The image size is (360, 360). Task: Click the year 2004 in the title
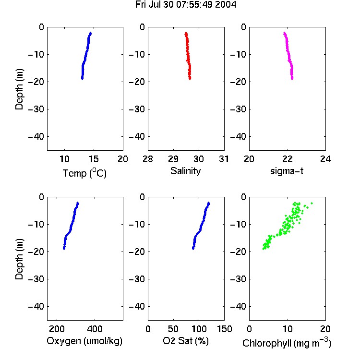(x=226, y=5)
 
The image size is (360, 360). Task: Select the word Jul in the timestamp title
(x=155, y=5)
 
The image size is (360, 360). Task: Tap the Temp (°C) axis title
(x=84, y=173)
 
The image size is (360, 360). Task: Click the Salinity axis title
(x=185, y=171)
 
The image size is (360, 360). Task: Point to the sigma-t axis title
(x=287, y=171)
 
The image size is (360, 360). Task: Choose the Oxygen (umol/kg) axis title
(x=84, y=341)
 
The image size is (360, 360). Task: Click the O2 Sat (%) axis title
(x=186, y=341)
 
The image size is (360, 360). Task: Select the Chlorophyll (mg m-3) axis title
(x=287, y=343)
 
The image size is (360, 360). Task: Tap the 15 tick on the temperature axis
(x=94, y=159)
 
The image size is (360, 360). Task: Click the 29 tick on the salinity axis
(x=173, y=159)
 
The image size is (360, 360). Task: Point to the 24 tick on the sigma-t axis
(x=325, y=159)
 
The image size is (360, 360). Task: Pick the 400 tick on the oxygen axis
(x=95, y=329)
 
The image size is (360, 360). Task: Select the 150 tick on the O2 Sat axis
(x=224, y=329)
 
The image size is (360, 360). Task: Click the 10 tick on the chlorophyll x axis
(x=287, y=329)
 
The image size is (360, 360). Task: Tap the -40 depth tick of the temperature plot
(x=36, y=137)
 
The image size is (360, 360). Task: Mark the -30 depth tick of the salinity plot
(x=137, y=109)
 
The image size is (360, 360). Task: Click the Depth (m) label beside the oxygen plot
(x=19, y=259)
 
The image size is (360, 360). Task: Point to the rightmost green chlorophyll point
(x=312, y=203)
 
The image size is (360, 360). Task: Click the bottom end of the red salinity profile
(x=190, y=79)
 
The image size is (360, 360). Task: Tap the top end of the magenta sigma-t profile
(x=285, y=33)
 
